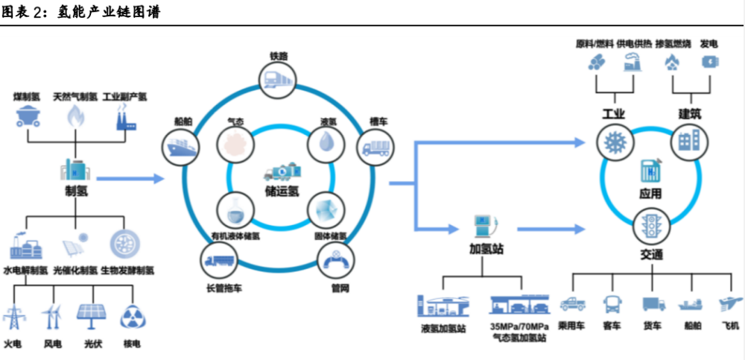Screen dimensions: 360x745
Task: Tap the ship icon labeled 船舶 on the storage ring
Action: pyautogui.click(x=180, y=147)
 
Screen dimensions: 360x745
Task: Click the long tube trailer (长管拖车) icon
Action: pyautogui.click(x=219, y=261)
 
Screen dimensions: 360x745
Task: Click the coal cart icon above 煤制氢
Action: pyautogui.click(x=27, y=116)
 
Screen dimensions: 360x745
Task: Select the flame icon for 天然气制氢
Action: pyautogui.click(x=75, y=116)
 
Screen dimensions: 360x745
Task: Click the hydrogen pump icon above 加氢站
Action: pyautogui.click(x=481, y=227)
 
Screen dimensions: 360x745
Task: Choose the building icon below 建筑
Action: pyautogui.click(x=686, y=142)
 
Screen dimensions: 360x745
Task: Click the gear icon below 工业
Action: pyautogui.click(x=615, y=142)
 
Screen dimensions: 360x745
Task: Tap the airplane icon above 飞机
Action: pyautogui.click(x=729, y=304)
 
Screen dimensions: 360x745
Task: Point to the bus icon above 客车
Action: pyautogui.click(x=613, y=304)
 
